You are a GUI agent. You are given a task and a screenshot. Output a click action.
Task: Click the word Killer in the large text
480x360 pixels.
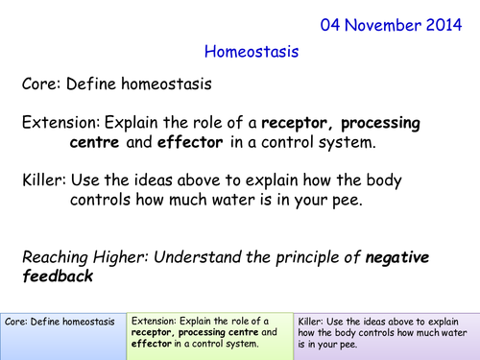click(44, 180)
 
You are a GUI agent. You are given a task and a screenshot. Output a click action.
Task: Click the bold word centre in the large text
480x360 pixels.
click(99, 143)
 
